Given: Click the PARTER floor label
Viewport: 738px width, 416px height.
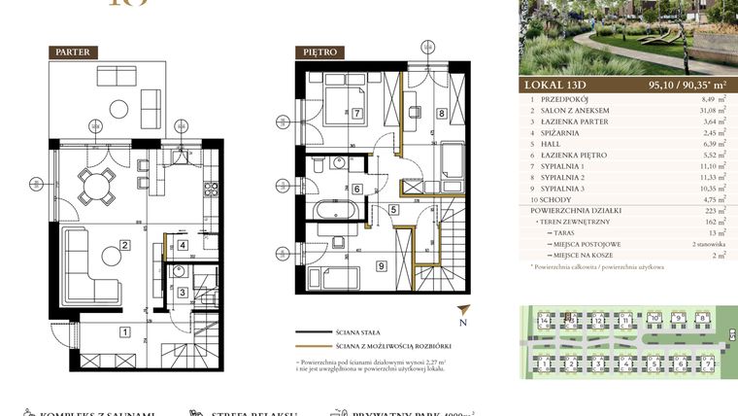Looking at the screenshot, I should tap(74, 52).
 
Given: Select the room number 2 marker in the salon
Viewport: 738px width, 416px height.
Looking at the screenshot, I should tap(124, 245).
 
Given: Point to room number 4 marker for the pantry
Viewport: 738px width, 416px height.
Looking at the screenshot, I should tap(184, 246).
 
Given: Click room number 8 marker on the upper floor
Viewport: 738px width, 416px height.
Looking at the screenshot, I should tap(441, 114).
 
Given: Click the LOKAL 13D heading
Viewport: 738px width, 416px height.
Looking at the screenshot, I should tap(555, 84).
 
